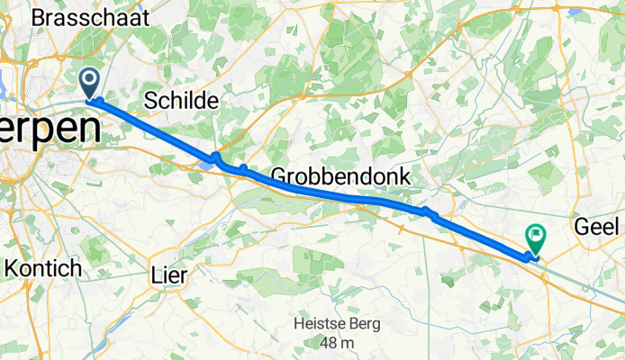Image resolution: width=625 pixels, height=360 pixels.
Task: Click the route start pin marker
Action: pyautogui.click(x=91, y=83)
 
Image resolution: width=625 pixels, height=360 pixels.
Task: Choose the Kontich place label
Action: pyautogui.click(x=43, y=268)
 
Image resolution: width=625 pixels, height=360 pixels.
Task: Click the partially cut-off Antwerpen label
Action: pyautogui.click(x=50, y=129)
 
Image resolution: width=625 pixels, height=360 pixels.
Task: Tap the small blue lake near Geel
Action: pyautogui.click(x=574, y=13)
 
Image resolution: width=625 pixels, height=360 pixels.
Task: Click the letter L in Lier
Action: pyautogui.click(x=158, y=276)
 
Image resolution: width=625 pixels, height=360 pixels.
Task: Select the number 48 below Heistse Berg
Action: pyautogui.click(x=325, y=343)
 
